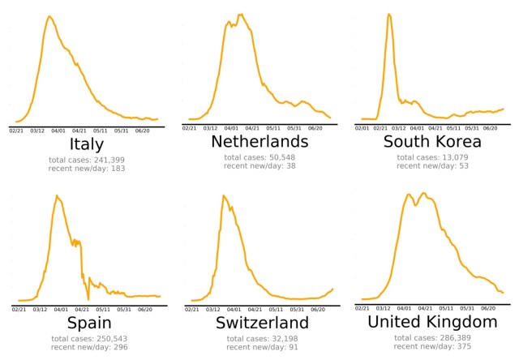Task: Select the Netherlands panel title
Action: click(x=260, y=142)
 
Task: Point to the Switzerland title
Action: click(x=260, y=322)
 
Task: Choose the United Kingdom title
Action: click(x=433, y=322)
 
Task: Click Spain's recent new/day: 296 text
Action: click(x=87, y=346)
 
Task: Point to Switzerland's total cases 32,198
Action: click(x=260, y=337)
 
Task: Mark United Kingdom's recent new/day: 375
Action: click(x=433, y=346)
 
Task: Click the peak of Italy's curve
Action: click(x=49, y=16)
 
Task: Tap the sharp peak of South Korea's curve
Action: click(x=390, y=14)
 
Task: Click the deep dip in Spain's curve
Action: click(x=88, y=299)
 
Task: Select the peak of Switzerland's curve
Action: click(x=223, y=195)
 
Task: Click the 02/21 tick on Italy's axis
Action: click(x=16, y=129)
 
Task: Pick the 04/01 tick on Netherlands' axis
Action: click(x=231, y=128)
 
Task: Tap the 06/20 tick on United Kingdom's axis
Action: click(x=488, y=308)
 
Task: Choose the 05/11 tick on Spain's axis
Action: click(x=103, y=309)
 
